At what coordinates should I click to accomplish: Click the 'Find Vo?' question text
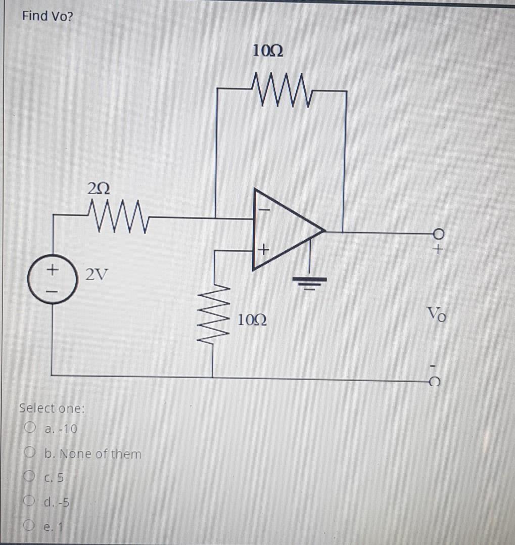pos(48,16)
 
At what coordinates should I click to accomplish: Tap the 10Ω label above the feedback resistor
pos(267,51)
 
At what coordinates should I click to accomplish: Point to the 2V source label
pos(96,276)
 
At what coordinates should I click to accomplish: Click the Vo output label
pos(436,314)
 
